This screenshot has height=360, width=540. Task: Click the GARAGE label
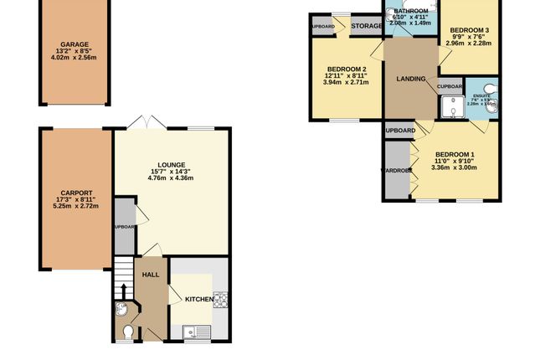point(74,44)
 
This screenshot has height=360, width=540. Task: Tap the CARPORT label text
point(75,193)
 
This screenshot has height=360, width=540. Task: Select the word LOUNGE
point(171,164)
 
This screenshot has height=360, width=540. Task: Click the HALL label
point(151,274)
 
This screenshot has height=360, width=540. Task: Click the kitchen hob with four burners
point(222,300)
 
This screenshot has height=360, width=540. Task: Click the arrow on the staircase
point(124,289)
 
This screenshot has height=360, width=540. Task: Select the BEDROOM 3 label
point(469,28)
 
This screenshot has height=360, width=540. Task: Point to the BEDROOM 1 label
point(455,155)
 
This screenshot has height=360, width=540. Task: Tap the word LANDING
point(410,80)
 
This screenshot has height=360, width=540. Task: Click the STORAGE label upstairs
point(366,27)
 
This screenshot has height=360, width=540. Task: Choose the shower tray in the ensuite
point(453,106)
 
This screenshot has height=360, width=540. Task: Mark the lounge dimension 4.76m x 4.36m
point(171,178)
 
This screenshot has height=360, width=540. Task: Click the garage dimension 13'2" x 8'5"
point(74,52)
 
